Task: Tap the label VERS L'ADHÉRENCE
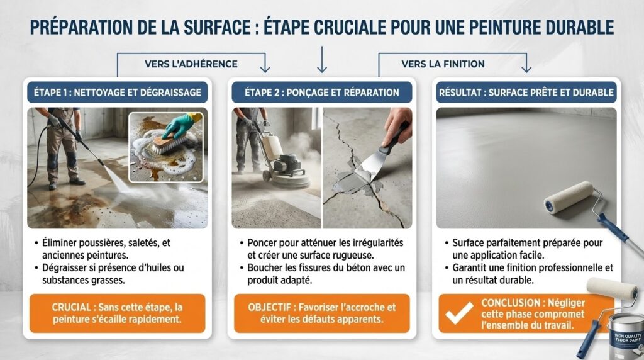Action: click(191, 64)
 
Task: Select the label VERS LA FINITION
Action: click(443, 64)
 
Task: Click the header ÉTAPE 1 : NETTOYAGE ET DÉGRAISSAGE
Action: click(118, 93)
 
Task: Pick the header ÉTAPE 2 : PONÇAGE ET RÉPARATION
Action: click(322, 93)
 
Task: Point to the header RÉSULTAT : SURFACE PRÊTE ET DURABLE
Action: click(526, 93)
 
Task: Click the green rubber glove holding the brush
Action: click(181, 125)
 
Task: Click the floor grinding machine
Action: click(284, 164)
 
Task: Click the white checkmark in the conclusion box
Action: click(459, 313)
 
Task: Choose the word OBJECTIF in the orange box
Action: click(269, 307)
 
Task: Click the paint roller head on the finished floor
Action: click(569, 198)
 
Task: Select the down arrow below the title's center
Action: click(322, 60)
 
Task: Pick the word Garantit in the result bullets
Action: click(470, 268)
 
